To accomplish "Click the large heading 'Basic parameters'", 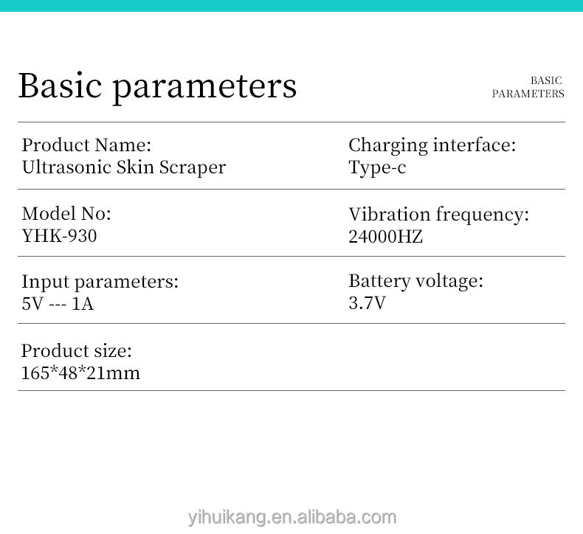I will pyautogui.click(x=157, y=86).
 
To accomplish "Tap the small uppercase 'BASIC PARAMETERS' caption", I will pyautogui.click(x=528, y=87).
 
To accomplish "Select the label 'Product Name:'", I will pyautogui.click(x=86, y=145).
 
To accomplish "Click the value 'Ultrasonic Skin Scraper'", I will pyautogui.click(x=124, y=167).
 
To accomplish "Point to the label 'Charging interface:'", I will pyautogui.click(x=432, y=145).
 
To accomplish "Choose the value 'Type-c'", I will pyautogui.click(x=377, y=167).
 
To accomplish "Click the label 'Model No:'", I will pyautogui.click(x=66, y=213).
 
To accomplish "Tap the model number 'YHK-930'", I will pyautogui.click(x=59, y=235).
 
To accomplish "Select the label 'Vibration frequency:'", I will pyautogui.click(x=438, y=215).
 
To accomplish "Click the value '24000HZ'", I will pyautogui.click(x=385, y=237).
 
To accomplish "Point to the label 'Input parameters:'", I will pyautogui.click(x=100, y=281).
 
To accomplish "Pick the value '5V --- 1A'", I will pyautogui.click(x=58, y=303).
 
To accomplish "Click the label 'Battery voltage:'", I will pyautogui.click(x=415, y=280).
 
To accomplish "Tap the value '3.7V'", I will pyautogui.click(x=367, y=302).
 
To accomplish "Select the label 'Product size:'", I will pyautogui.click(x=77, y=350).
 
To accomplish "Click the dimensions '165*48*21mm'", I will pyautogui.click(x=80, y=372).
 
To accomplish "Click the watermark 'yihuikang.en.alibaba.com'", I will pyautogui.click(x=291, y=517).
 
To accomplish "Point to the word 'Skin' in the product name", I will pyautogui.click(x=136, y=167).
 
